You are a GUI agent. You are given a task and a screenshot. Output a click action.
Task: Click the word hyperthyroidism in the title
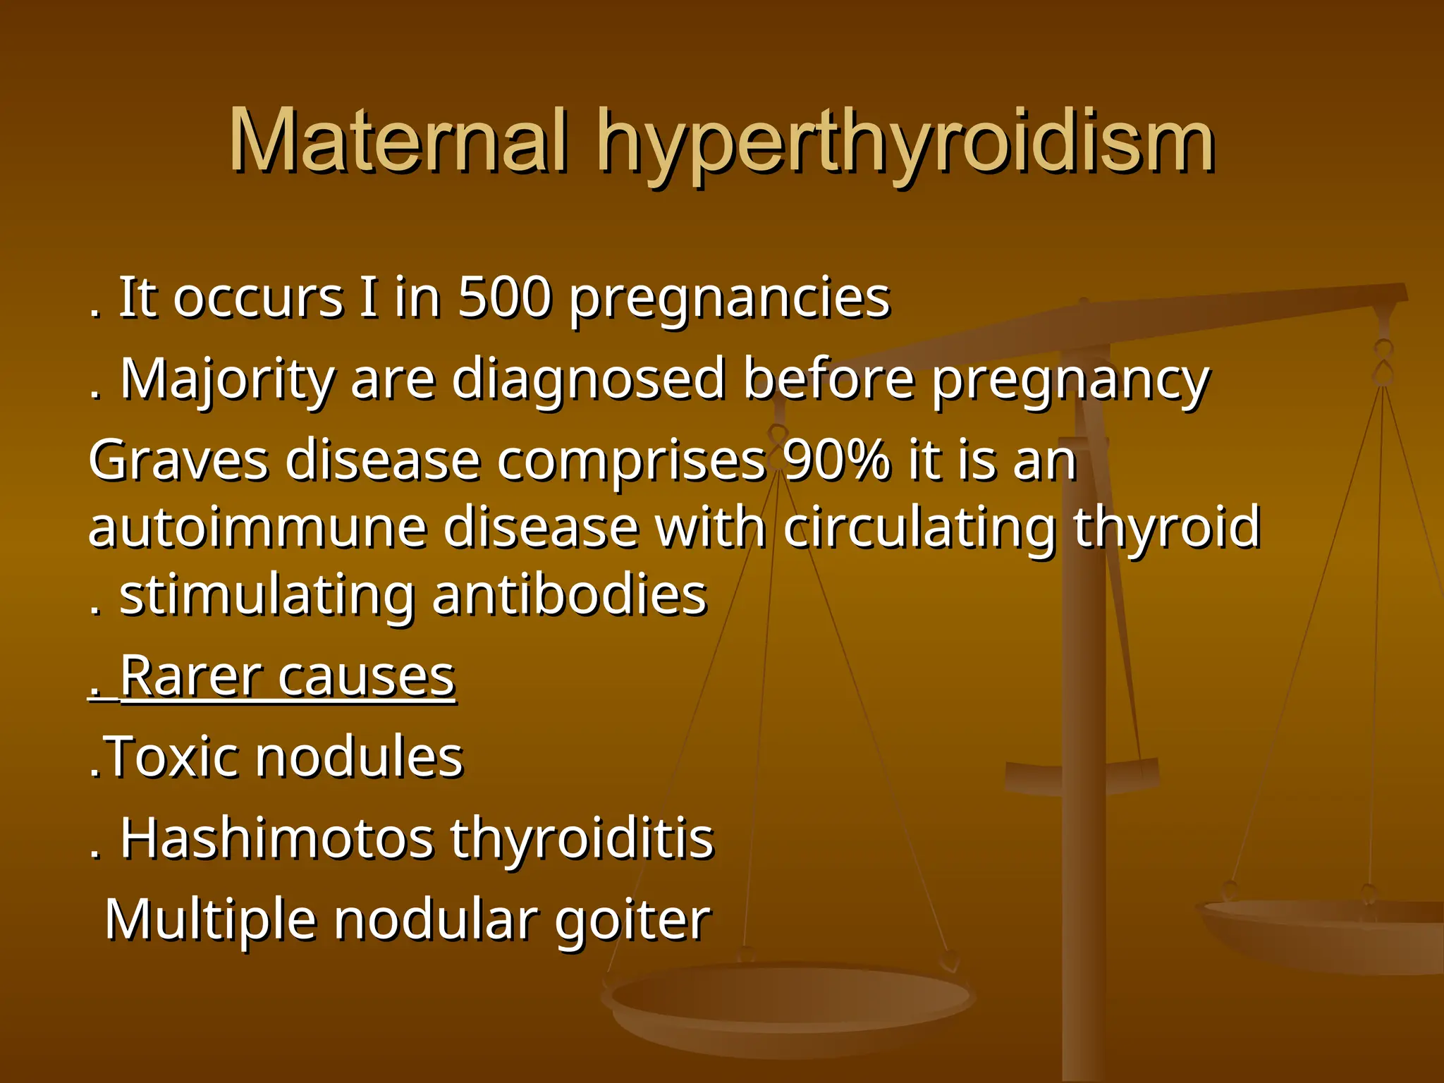[905, 145]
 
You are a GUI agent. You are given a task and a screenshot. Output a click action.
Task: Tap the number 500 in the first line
[504, 298]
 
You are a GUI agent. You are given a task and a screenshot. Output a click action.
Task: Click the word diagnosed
[589, 381]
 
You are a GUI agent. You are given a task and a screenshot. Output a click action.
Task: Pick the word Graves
[178, 461]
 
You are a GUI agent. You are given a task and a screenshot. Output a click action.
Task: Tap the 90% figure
[836, 461]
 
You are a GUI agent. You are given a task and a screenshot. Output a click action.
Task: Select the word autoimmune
[257, 528]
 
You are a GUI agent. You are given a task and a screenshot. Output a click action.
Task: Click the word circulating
[919, 530]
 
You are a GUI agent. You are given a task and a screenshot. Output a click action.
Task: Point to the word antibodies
[569, 596]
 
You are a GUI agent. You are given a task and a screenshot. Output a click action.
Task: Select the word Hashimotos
[276, 839]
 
